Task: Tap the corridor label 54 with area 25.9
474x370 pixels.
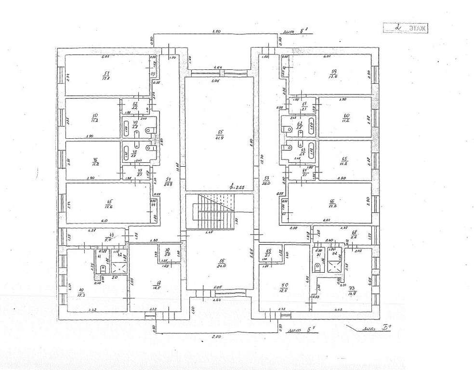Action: coord(168,181)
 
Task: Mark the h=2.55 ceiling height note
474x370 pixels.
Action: coord(237,187)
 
